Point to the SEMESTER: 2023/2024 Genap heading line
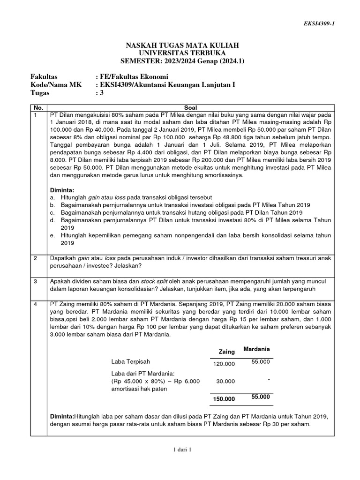point(180,60)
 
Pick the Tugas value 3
point(98,93)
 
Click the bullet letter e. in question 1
point(52,235)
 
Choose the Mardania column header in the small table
point(257,349)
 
